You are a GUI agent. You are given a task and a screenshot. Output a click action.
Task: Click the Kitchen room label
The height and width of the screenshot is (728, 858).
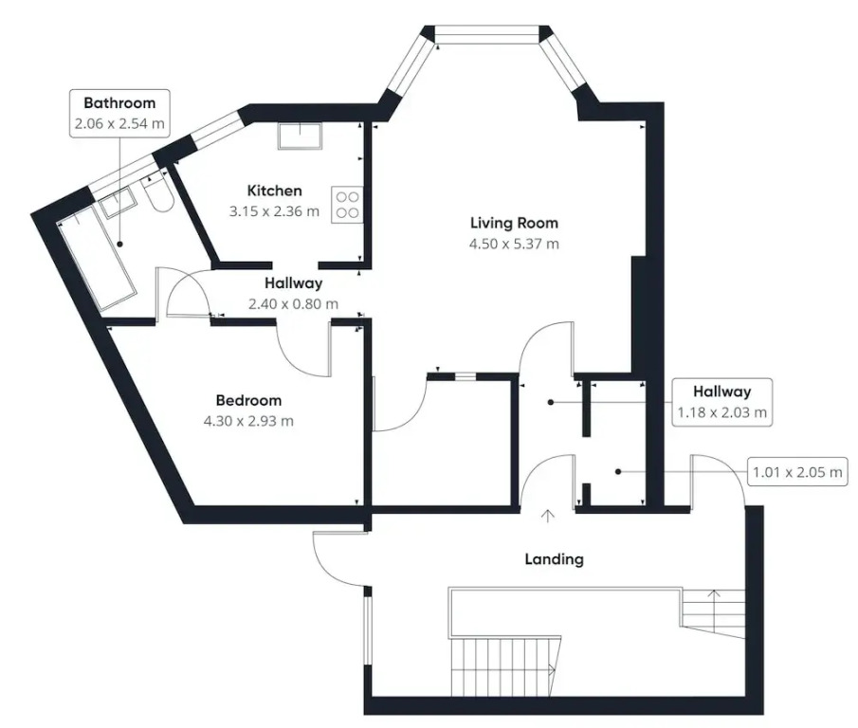[274, 191]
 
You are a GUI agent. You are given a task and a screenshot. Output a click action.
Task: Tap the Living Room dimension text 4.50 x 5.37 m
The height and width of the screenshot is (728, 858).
[514, 244]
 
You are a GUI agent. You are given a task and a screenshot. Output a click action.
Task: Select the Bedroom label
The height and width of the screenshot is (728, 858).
[248, 400]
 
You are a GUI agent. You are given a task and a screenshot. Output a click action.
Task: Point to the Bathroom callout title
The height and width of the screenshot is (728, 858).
[119, 102]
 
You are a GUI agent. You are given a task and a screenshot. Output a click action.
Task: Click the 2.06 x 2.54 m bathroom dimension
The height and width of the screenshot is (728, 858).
[119, 123]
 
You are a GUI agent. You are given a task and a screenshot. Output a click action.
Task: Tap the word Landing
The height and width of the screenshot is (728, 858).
[554, 559]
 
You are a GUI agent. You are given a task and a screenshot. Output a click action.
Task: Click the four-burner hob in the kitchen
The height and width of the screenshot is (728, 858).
[347, 205]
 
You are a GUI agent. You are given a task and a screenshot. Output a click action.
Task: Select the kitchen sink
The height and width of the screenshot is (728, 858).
[300, 136]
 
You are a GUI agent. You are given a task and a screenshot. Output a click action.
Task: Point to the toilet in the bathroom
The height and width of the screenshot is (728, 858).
[157, 193]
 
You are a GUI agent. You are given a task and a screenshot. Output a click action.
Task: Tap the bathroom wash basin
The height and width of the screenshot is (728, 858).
[115, 202]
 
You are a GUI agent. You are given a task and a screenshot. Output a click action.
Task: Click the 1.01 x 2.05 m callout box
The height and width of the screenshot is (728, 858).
[797, 472]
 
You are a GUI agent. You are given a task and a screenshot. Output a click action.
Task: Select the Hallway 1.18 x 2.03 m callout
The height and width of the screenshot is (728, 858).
[721, 402]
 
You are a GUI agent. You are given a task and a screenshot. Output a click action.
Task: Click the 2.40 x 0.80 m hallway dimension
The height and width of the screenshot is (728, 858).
[293, 304]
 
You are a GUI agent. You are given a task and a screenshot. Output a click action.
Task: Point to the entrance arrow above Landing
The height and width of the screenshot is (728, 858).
[547, 516]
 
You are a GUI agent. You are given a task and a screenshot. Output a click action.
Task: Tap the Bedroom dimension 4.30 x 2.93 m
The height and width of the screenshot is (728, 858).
[248, 421]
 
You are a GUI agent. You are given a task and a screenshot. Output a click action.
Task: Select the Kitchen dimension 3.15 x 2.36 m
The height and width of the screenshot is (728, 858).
[274, 211]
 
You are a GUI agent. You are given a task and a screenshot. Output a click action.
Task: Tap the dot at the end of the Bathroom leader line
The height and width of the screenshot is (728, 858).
[119, 244]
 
